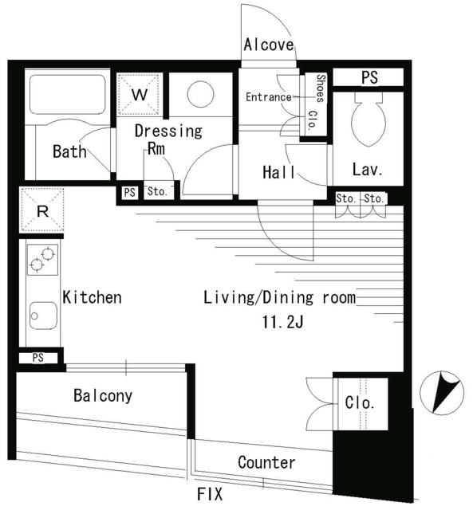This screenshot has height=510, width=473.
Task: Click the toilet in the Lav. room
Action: (369, 120)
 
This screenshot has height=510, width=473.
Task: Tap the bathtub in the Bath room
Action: (67, 94)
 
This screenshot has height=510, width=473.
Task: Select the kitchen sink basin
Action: (43, 316)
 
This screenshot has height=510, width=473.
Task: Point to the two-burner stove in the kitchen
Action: (42, 260)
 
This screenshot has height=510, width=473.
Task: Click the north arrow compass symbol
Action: (441, 393)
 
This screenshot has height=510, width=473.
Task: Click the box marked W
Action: (140, 94)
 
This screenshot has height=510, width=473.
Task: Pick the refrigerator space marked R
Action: (42, 210)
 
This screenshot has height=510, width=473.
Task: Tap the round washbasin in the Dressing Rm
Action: (200, 94)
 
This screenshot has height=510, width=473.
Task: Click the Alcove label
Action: (269, 45)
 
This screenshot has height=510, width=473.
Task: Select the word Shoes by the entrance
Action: (321, 88)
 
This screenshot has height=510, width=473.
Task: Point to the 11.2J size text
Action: (283, 322)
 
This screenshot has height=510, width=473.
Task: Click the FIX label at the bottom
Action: (210, 494)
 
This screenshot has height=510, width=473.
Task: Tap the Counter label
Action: (266, 462)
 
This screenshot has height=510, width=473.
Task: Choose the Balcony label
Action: (103, 395)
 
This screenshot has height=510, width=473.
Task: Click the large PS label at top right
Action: (370, 77)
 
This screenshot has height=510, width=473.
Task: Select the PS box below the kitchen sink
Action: (38, 358)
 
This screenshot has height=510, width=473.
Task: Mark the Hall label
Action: (278, 172)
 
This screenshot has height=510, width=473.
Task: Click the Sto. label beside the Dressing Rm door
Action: (157, 191)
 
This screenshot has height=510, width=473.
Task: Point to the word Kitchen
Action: (92, 297)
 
